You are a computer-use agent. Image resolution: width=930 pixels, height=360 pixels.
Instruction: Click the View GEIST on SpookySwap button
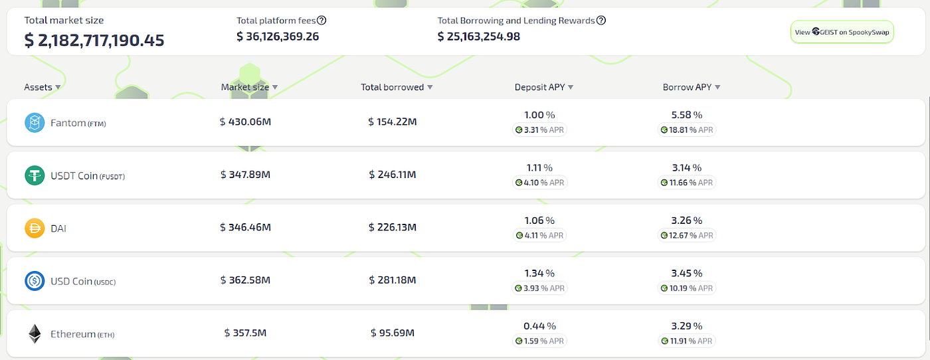842,31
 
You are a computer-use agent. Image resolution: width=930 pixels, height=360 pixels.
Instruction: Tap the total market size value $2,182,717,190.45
94,41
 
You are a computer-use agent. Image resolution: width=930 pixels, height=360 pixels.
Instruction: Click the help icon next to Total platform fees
322,21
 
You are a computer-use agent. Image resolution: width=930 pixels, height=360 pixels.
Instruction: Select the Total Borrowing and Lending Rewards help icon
601,21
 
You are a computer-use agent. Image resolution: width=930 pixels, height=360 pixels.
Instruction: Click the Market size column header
249,87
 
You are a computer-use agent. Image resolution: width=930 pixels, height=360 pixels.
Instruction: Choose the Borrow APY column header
691,87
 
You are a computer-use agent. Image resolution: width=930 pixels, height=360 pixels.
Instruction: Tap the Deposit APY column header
543,87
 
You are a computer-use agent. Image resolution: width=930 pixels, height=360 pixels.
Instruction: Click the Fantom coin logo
35,122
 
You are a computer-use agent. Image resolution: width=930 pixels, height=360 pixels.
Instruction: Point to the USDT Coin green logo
35,175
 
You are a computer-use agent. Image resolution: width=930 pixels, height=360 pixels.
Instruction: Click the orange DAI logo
35,228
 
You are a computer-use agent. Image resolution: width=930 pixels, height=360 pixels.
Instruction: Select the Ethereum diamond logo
35,334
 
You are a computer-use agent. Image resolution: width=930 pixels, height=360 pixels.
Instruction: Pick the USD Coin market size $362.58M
245,280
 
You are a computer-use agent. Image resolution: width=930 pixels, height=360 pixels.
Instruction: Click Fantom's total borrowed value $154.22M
393,122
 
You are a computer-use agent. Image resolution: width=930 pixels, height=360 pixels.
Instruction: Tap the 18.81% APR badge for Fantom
687,130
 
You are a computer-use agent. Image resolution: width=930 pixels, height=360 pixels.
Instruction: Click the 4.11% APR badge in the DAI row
539,235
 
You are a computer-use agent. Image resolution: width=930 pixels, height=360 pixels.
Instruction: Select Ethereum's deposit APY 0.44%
539,325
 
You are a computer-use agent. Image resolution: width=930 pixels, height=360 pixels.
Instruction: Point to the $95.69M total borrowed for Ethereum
393,333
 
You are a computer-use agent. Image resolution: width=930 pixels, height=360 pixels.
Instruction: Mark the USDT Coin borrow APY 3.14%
687,167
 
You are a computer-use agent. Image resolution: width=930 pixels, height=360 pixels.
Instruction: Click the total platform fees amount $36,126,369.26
278,37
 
